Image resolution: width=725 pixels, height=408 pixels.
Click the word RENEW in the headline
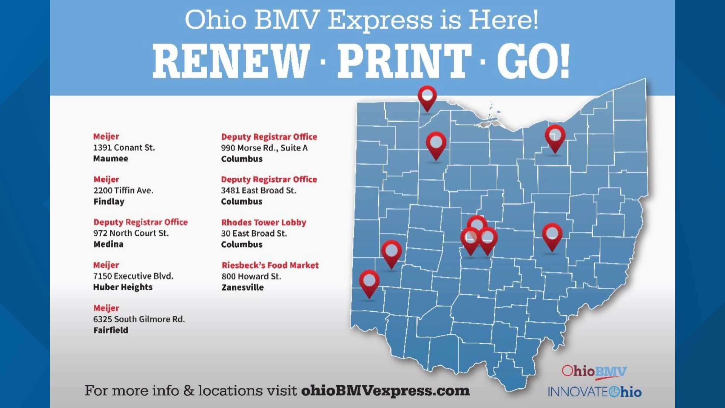(231, 61)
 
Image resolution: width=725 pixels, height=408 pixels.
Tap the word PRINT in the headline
(404, 61)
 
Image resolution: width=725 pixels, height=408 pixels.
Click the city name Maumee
(111, 159)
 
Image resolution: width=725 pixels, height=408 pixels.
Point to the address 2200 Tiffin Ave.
(123, 190)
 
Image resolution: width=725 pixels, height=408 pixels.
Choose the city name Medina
(108, 244)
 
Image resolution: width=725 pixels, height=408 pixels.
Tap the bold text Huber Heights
(123, 287)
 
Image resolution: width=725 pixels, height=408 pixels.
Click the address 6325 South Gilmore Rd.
(139, 319)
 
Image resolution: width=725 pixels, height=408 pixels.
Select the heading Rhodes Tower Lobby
(264, 223)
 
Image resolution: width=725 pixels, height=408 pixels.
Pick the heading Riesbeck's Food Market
(270, 265)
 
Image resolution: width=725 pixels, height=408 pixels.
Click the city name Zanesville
(242, 287)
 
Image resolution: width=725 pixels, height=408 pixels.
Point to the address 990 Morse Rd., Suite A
(264, 148)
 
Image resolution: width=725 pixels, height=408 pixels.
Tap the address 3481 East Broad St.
(259, 191)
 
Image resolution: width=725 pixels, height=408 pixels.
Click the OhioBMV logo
(594, 372)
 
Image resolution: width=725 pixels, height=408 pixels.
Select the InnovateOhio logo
(595, 392)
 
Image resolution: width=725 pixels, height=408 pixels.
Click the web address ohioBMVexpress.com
(385, 391)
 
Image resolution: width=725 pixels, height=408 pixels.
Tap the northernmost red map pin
(427, 97)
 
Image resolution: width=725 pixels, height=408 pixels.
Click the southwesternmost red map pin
(369, 282)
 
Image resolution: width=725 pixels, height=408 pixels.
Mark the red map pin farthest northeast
(555, 137)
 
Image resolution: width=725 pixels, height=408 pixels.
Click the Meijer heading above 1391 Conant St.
(106, 136)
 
